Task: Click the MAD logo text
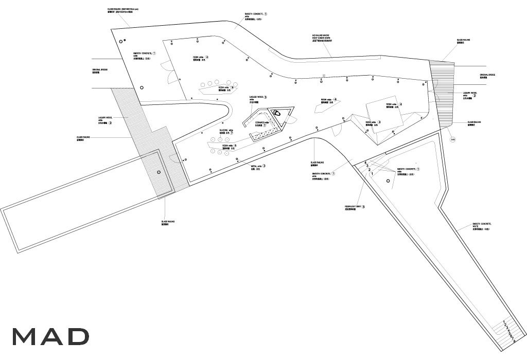[x=50, y=336]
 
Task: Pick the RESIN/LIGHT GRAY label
[x=354, y=208]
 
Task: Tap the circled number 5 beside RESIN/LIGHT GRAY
[x=364, y=207]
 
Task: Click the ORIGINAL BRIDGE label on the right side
[x=487, y=76]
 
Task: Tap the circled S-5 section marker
[x=453, y=139]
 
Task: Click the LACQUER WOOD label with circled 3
[x=257, y=98]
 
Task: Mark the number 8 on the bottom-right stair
[x=514, y=341]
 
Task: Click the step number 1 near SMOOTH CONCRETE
[x=372, y=174]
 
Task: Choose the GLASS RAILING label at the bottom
[x=168, y=223]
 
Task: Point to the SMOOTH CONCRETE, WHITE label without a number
[x=481, y=226]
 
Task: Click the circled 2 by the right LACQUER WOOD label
[x=475, y=96]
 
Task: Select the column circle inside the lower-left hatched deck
[x=159, y=172]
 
